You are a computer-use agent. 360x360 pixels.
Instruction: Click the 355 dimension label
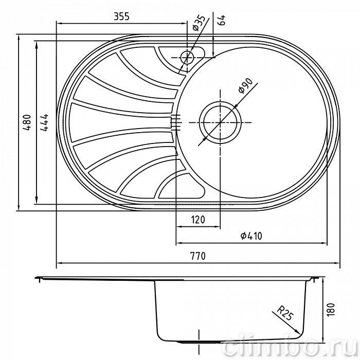122,16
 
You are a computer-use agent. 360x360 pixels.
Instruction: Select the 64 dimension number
222,20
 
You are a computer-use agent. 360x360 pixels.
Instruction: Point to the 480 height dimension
27,122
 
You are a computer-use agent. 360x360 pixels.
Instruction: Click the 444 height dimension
44,122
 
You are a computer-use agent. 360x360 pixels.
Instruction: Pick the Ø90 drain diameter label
245,86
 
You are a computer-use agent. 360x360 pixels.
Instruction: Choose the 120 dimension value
198,220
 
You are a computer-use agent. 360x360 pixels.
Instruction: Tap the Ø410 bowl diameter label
251,236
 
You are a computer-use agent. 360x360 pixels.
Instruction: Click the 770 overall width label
198,256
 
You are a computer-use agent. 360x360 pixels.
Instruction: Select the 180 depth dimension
331,310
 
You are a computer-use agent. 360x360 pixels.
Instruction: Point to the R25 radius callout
285,313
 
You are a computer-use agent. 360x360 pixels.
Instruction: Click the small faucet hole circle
187,58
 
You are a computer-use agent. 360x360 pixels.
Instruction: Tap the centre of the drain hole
220,122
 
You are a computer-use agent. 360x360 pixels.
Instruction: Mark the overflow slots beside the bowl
176,122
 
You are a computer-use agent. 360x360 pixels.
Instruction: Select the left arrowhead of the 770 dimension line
60,263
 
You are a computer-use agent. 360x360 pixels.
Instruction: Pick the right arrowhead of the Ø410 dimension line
323,243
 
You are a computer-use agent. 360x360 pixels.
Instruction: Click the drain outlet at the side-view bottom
199,342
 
